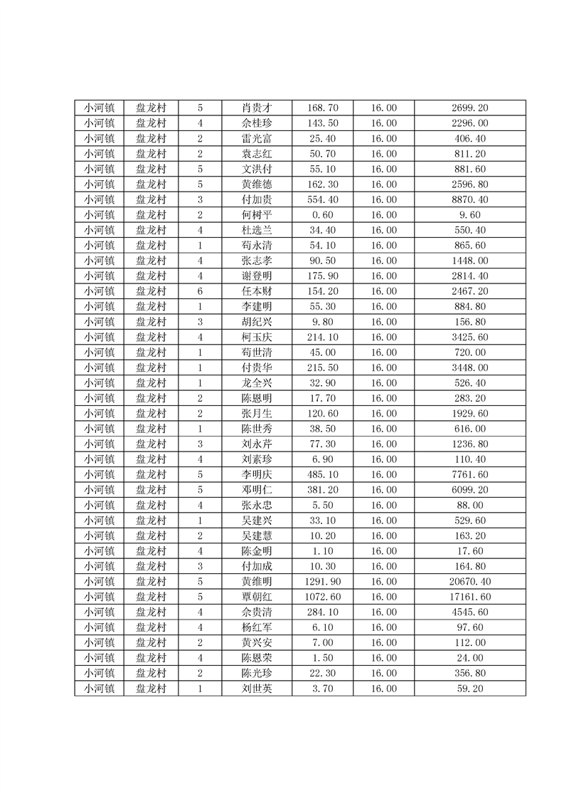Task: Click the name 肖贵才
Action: [x=257, y=108]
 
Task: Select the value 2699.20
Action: [x=469, y=108]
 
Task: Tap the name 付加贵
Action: [x=257, y=200]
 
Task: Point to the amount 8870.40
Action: [x=469, y=200]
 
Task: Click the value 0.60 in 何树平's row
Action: [x=322, y=215]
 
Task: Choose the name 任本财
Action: [x=257, y=291]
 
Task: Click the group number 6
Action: [x=200, y=291]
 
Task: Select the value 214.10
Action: [x=322, y=337]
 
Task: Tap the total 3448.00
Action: [x=469, y=367]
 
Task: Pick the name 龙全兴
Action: [x=257, y=383]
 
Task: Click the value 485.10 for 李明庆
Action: [x=322, y=474]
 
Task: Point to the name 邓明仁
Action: [x=257, y=490]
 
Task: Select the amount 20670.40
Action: [x=469, y=581]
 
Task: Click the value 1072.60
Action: [x=322, y=597]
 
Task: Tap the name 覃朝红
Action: [x=257, y=597]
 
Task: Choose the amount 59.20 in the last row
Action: [x=469, y=689]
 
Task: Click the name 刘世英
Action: [x=257, y=689]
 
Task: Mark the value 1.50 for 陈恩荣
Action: [x=322, y=658]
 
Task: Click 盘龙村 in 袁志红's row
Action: [x=151, y=154]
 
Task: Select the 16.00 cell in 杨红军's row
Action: [x=384, y=627]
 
